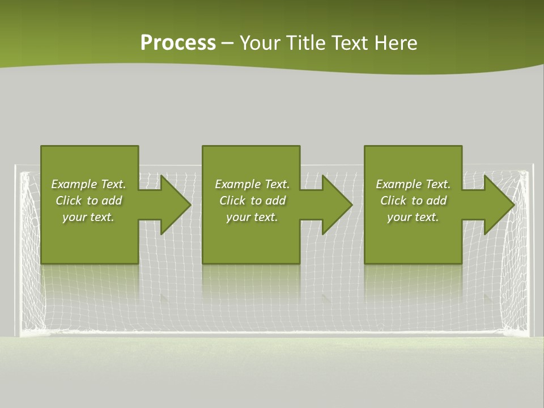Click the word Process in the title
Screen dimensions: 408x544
click(178, 43)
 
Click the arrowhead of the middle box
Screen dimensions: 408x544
click(335, 205)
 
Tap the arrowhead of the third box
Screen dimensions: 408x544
click(498, 205)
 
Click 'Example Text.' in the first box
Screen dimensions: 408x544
click(88, 184)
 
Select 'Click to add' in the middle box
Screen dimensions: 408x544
click(252, 201)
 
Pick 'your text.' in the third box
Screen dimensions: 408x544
click(413, 217)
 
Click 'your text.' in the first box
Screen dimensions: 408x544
click(88, 217)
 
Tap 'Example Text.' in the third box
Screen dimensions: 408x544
click(413, 184)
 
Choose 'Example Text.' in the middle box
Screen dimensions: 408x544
click(252, 184)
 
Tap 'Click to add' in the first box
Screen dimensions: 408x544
click(88, 201)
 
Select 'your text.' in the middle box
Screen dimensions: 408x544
click(252, 217)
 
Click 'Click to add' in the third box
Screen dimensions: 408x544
click(413, 201)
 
